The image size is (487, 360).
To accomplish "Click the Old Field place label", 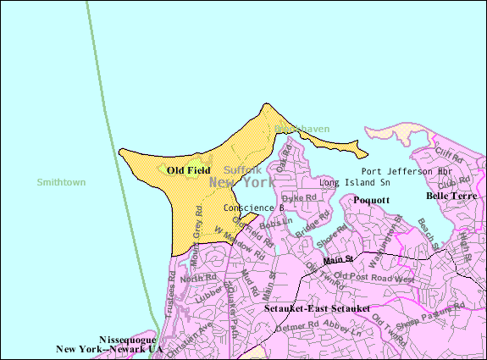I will coord(188,170).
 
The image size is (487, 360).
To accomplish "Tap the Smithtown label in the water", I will coord(62,182).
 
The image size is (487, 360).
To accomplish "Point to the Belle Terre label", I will coord(451,196).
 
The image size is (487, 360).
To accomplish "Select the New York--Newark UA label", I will coord(108,348).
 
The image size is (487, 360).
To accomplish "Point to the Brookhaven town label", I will coord(302,129).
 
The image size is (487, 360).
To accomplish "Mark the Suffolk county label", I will coord(243,170).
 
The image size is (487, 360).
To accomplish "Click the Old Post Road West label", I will coord(374,277).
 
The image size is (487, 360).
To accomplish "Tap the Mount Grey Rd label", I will coord(193,234).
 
